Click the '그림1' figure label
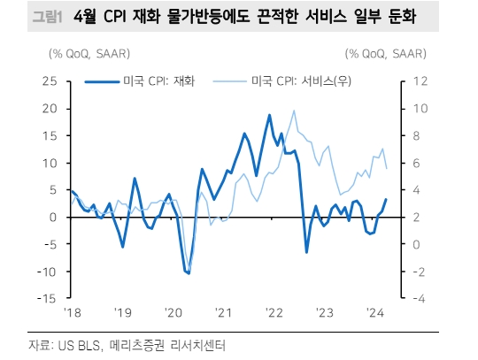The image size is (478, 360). (x=31, y=17)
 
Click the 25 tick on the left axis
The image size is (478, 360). (x=50, y=81)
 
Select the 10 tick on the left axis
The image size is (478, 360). (x=50, y=163)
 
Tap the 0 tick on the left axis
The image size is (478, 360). (x=53, y=217)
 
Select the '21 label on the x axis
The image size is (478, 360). (x=222, y=313)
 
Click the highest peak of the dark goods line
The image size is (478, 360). (x=269, y=115)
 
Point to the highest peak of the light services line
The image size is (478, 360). (x=293, y=111)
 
